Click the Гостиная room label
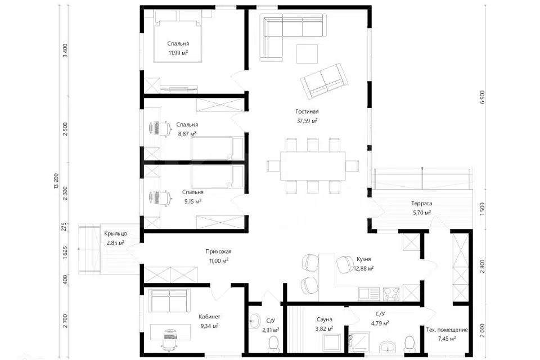tap(307, 111)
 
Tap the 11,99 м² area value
tap(178, 53)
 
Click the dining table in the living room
tap(313, 166)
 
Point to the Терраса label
tap(421, 203)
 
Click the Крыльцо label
tap(116, 233)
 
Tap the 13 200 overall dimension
tap(56, 181)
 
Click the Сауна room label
tap(325, 319)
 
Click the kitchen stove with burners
tap(391, 294)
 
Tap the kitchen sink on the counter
tap(369, 294)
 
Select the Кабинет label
tap(209, 317)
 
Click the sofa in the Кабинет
tap(169, 300)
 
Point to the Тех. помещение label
tap(447, 330)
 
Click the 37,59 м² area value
tap(307, 120)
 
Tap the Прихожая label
tap(218, 251)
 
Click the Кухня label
tap(364, 259)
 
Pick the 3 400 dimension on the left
tap(65, 51)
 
